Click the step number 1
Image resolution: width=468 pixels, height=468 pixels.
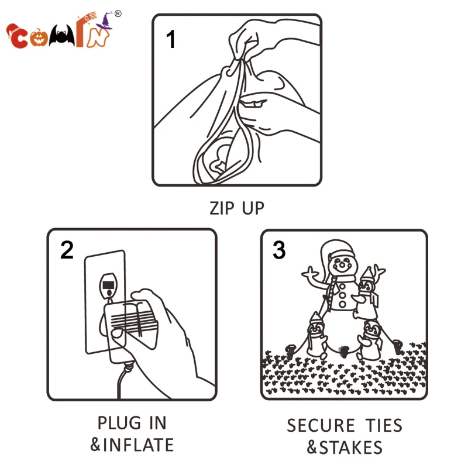tap(171, 39)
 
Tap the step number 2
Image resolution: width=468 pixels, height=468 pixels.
tap(67, 250)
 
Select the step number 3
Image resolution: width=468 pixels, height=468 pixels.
tap(279, 250)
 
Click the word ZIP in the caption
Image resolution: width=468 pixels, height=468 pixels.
tap(222, 208)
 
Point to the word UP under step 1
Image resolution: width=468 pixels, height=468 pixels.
tap(253, 208)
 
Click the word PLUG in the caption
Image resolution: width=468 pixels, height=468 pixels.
tap(119, 423)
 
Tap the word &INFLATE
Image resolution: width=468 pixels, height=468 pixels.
tap(132, 445)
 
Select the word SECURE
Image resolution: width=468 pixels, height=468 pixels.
tap(321, 425)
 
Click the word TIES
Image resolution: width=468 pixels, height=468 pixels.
tap(384, 425)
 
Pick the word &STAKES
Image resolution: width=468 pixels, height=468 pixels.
tap(345, 448)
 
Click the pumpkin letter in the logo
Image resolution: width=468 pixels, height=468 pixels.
tap(39, 37)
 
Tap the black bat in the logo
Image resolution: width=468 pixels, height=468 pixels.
tap(62, 36)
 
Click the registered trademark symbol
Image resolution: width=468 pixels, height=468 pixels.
tap(118, 13)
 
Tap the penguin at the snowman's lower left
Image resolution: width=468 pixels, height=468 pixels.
tap(316, 336)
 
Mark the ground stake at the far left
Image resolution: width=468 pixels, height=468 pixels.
tap(290, 352)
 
